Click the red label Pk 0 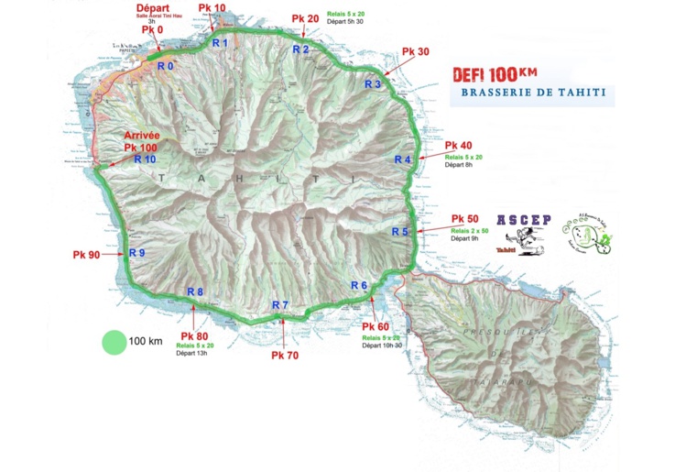pos(153,29)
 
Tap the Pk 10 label pos(212,8)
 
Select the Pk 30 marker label pos(416,52)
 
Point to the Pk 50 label pos(465,218)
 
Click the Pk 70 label pos(285,355)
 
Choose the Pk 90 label pos(87,255)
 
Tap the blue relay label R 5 pos(399,232)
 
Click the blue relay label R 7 pos(280,305)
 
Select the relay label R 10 pos(145,159)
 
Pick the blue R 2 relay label pos(300,49)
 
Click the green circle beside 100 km pos(113,342)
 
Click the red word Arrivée pos(141,136)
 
